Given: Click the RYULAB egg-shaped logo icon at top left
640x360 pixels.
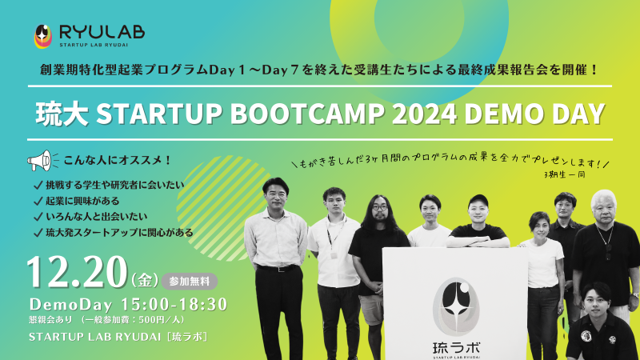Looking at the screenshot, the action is click(43, 36).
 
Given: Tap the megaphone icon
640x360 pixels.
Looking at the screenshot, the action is click(41, 161).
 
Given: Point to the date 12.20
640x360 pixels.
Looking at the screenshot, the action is click(77, 272).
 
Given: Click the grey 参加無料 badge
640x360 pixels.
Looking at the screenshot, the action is click(190, 282).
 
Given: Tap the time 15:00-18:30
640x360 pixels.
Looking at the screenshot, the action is click(174, 305).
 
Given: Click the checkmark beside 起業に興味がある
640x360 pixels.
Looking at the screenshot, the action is click(38, 202).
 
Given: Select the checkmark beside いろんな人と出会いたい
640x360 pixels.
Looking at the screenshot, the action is click(38, 217).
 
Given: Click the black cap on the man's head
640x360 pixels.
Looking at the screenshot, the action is click(478, 200).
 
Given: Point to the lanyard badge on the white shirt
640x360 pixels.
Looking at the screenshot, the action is click(334, 255).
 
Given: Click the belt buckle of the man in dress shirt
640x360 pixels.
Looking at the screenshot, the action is click(279, 269).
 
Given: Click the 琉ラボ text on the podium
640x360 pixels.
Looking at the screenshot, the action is click(456, 348).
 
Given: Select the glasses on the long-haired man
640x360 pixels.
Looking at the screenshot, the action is click(379, 207).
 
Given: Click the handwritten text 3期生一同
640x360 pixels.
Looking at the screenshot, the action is click(565, 174).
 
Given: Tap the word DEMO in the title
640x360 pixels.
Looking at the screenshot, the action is click(502, 114).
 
